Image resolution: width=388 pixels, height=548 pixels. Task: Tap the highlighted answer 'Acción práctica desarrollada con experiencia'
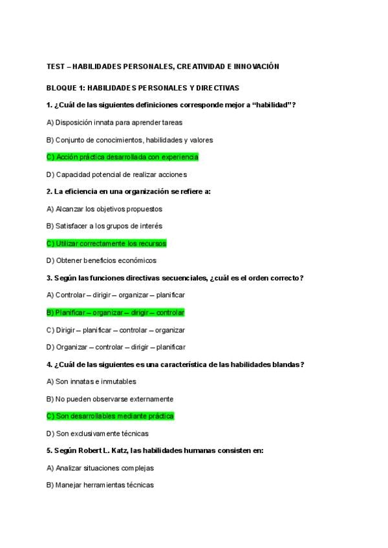(x=122, y=157)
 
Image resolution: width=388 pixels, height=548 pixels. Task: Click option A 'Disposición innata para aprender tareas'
(x=114, y=122)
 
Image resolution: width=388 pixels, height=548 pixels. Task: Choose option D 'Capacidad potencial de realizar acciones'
(x=116, y=174)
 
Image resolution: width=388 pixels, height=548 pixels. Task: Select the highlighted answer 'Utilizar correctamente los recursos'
(x=107, y=244)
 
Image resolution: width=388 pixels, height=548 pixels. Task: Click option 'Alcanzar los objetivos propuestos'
(x=104, y=209)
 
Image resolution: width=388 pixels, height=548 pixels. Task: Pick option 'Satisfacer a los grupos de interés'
(x=104, y=226)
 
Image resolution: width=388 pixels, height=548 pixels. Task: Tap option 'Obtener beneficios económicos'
(x=102, y=261)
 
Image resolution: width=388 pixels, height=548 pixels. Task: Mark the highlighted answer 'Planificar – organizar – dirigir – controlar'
(x=116, y=313)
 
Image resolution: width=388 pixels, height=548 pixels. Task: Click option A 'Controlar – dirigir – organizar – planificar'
(x=116, y=295)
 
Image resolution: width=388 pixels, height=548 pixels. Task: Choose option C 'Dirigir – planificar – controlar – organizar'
(x=116, y=330)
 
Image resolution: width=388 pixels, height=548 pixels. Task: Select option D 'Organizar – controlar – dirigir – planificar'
(x=116, y=348)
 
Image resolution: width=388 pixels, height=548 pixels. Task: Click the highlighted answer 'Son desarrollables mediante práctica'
(x=111, y=417)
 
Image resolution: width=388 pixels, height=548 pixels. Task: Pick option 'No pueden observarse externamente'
(x=110, y=399)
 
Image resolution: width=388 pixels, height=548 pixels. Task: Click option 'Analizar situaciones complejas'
(x=100, y=469)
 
